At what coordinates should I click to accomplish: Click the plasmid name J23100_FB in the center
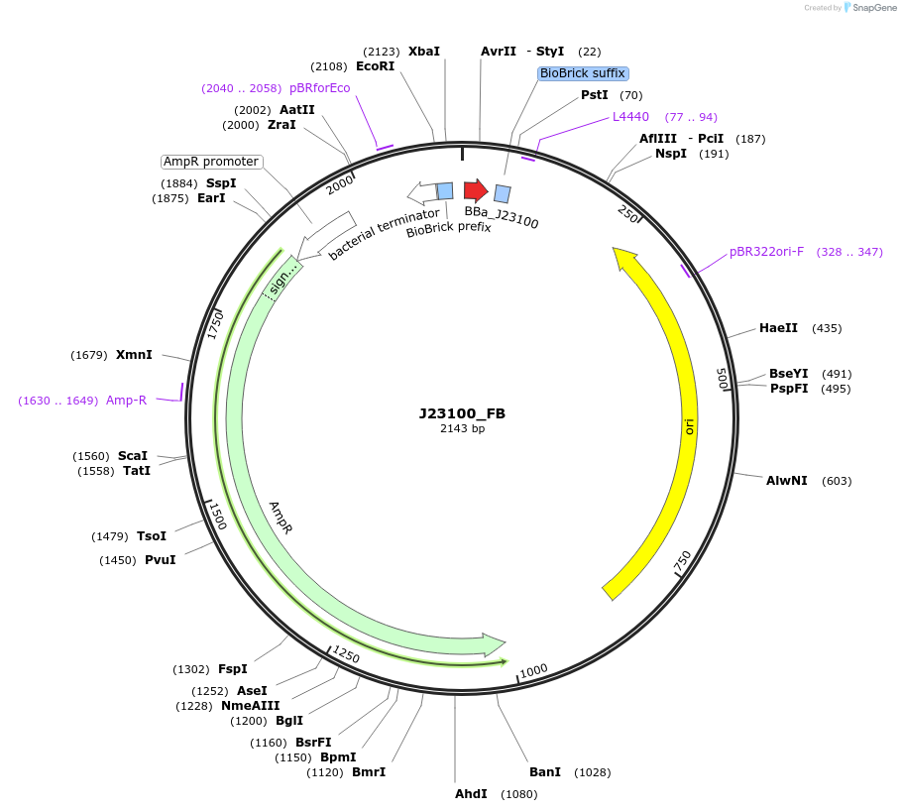pyautogui.click(x=462, y=413)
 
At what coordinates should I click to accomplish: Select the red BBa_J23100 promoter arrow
pyautogui.click(x=476, y=190)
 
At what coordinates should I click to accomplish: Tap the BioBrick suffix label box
pyautogui.click(x=583, y=73)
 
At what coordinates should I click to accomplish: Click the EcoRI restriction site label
pyautogui.click(x=375, y=66)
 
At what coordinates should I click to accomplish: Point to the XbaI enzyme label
pyautogui.click(x=423, y=51)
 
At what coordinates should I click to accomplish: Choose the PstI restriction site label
pyautogui.click(x=595, y=95)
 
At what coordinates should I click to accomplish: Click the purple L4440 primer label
pyautogui.click(x=630, y=117)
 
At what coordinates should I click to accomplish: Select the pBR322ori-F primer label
pyautogui.click(x=766, y=252)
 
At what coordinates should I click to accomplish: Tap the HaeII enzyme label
pyautogui.click(x=778, y=328)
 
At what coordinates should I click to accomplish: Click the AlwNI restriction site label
pyautogui.click(x=786, y=481)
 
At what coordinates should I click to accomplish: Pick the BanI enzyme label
pyautogui.click(x=544, y=771)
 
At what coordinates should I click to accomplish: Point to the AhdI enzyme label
pyautogui.click(x=471, y=794)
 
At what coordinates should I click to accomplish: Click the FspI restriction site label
pyautogui.click(x=232, y=669)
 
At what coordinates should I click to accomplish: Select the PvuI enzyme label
pyautogui.click(x=160, y=560)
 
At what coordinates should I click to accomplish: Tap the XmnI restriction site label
pyautogui.click(x=134, y=355)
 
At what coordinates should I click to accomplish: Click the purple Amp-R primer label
pyautogui.click(x=126, y=401)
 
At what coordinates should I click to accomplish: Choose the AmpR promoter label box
pyautogui.click(x=211, y=162)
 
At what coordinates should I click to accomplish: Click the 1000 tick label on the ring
pyautogui.click(x=533, y=671)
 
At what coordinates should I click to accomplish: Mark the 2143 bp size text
pyautogui.click(x=462, y=429)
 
